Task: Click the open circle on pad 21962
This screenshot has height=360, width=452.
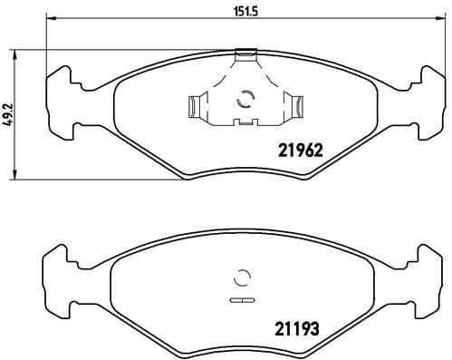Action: (243, 102)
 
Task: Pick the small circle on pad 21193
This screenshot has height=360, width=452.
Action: (242, 278)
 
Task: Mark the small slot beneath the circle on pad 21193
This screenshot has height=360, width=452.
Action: (241, 298)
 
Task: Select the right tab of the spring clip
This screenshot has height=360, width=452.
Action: (294, 106)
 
